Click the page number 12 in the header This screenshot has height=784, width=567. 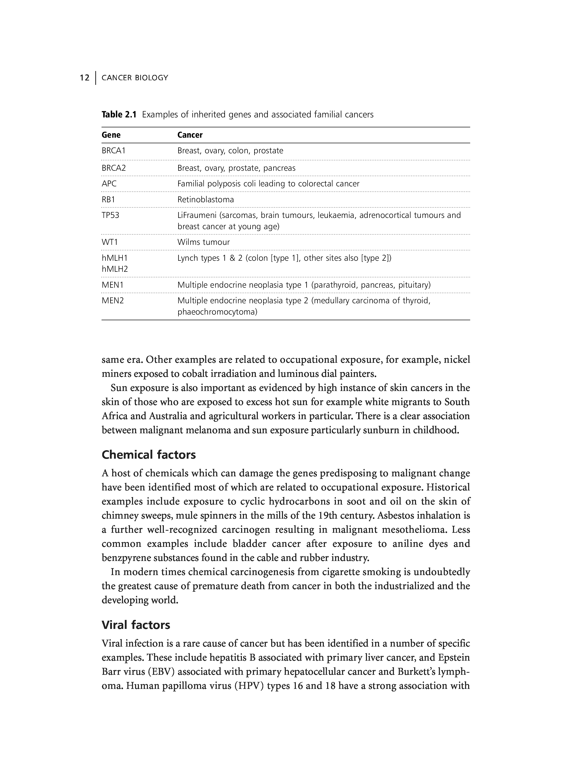[x=84, y=78]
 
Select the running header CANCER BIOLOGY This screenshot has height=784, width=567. [x=135, y=78]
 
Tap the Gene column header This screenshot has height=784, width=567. [x=111, y=135]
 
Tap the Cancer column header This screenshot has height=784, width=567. [x=190, y=135]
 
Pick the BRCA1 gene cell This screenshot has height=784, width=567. [x=114, y=151]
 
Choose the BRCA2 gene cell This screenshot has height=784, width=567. [x=114, y=168]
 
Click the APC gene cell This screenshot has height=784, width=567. [x=109, y=184]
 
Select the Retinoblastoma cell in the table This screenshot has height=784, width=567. [x=206, y=199]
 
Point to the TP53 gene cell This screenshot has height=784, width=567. [x=110, y=215]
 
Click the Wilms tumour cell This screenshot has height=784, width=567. [x=204, y=242]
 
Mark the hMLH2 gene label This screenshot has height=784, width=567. [x=115, y=269]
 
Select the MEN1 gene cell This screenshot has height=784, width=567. [x=112, y=285]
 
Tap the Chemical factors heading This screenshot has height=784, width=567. [x=148, y=455]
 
